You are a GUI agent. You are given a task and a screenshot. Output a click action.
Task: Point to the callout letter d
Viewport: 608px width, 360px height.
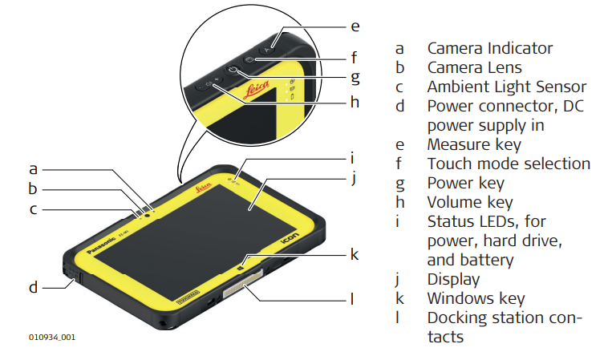(34, 286)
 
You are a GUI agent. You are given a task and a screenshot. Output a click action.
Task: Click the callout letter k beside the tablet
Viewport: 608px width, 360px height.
(354, 254)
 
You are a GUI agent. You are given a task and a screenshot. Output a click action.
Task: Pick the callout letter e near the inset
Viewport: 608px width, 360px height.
(355, 26)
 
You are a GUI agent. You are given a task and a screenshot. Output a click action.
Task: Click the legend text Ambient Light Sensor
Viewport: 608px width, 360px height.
(506, 87)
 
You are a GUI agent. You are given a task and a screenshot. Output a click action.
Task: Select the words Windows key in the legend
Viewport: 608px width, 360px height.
(476, 298)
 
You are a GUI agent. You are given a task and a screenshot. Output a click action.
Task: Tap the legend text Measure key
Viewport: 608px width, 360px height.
(473, 144)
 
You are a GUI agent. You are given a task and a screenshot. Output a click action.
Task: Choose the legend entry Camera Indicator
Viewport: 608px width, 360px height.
(489, 48)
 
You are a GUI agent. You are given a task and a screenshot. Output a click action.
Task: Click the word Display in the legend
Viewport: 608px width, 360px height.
(453, 279)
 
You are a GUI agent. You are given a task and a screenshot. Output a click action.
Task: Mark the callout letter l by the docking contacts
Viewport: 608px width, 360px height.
(351, 299)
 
